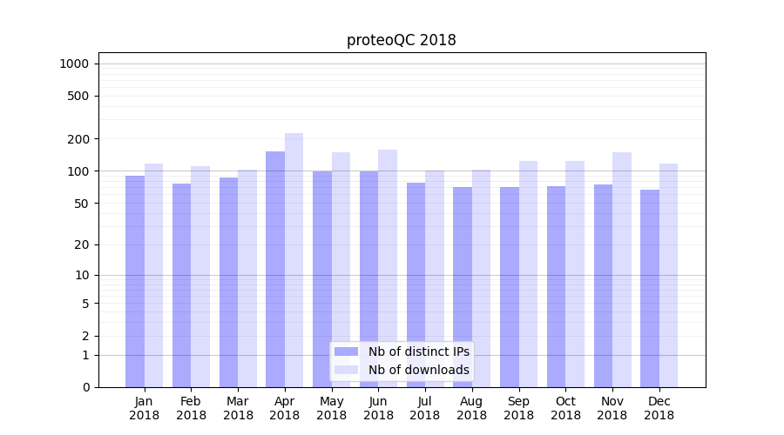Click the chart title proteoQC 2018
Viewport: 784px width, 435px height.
[x=401, y=40]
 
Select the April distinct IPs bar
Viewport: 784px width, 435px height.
[x=275, y=270]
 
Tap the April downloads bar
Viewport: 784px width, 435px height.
[x=294, y=261]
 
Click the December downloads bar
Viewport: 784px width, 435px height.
[x=669, y=275]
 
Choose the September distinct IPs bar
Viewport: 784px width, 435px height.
[x=510, y=287]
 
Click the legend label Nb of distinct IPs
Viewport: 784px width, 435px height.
[x=419, y=351]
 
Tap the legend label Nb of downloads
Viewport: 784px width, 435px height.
[x=419, y=370]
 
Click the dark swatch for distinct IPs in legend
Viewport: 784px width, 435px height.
[x=346, y=351]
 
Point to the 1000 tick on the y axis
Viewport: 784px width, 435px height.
[x=74, y=64]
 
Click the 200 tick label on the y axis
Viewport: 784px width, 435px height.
[x=78, y=139]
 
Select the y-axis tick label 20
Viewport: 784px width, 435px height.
[x=81, y=244]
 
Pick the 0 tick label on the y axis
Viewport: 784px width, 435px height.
[x=85, y=387]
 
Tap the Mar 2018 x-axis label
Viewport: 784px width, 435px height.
[x=238, y=408]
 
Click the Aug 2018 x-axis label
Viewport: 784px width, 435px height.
[x=472, y=408]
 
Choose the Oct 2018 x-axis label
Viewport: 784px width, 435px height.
[x=565, y=408]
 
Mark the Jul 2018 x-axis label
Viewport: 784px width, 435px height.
[x=425, y=408]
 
